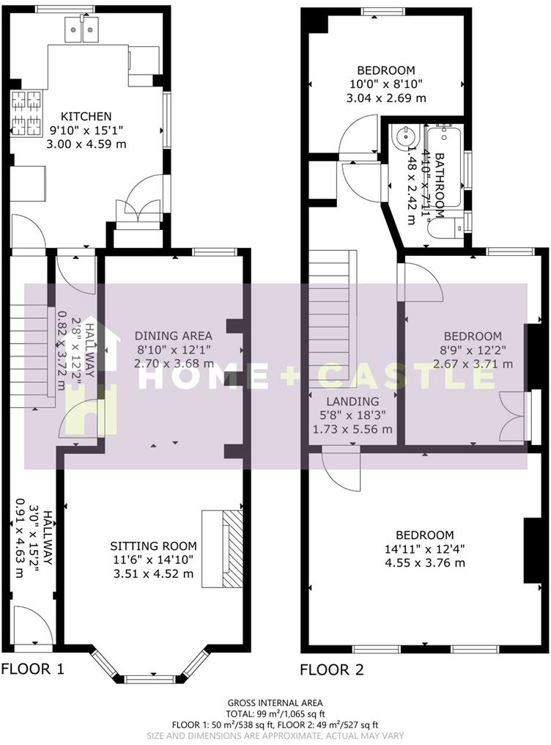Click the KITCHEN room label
[x=86, y=116]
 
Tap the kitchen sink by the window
[x=83, y=31]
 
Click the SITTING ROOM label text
[x=153, y=546]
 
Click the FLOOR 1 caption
[x=33, y=669]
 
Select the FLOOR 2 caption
[x=332, y=669]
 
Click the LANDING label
[x=353, y=401]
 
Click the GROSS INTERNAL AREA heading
[x=275, y=702]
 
